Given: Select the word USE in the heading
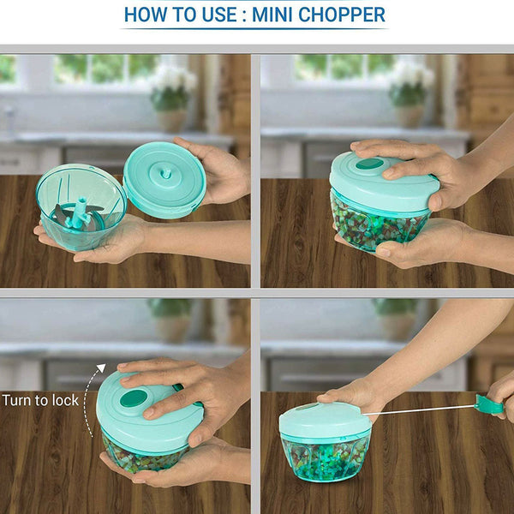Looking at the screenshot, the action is pos(219,15).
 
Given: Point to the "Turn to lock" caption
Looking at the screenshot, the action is pos(40,400).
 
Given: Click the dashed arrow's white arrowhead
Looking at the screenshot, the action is pos(102,368).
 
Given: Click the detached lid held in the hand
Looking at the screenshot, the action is pos(164,180).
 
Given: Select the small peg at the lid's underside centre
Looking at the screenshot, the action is pos(165,174).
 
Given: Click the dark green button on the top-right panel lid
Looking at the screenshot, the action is pos(369,164).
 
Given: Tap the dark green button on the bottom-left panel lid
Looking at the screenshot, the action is pos(134,398).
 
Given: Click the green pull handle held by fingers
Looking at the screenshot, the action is pos(489,404).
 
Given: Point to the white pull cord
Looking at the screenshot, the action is pos(419,410).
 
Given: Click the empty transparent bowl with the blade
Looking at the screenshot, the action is pos(81,207).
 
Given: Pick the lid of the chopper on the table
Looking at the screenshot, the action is pos(326,421).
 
